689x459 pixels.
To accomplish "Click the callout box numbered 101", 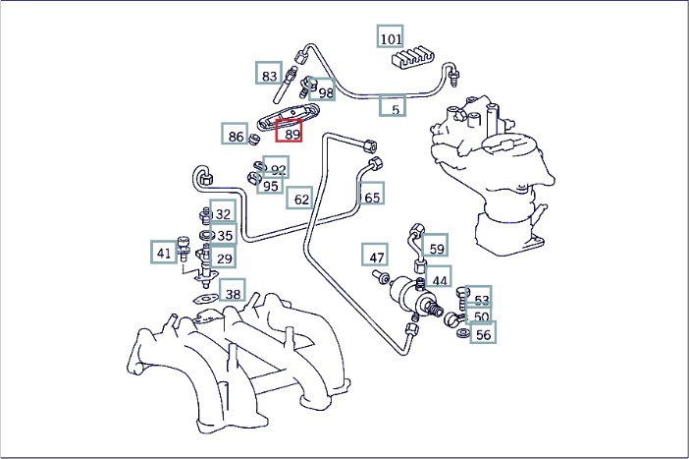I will pyautogui.click(x=391, y=38).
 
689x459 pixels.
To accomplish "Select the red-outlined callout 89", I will pyautogui.click(x=291, y=134).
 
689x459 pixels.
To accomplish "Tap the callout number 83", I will pyautogui.click(x=269, y=75).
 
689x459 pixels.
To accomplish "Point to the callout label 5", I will pyautogui.click(x=396, y=108).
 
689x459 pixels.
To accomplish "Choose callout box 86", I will pyautogui.click(x=236, y=137).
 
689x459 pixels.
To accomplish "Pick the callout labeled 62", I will pyautogui.click(x=301, y=200).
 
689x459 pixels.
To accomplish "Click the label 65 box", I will pyautogui.click(x=372, y=196).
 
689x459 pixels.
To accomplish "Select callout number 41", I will pyautogui.click(x=164, y=253).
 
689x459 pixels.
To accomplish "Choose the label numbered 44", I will pyautogui.click(x=439, y=279).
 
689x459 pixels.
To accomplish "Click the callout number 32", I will pyautogui.click(x=223, y=213).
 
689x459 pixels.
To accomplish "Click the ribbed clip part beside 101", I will pyautogui.click(x=414, y=59).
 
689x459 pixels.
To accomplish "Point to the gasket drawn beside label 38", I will pyautogui.click(x=202, y=297).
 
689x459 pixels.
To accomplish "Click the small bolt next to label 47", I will pyautogui.click(x=381, y=277).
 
